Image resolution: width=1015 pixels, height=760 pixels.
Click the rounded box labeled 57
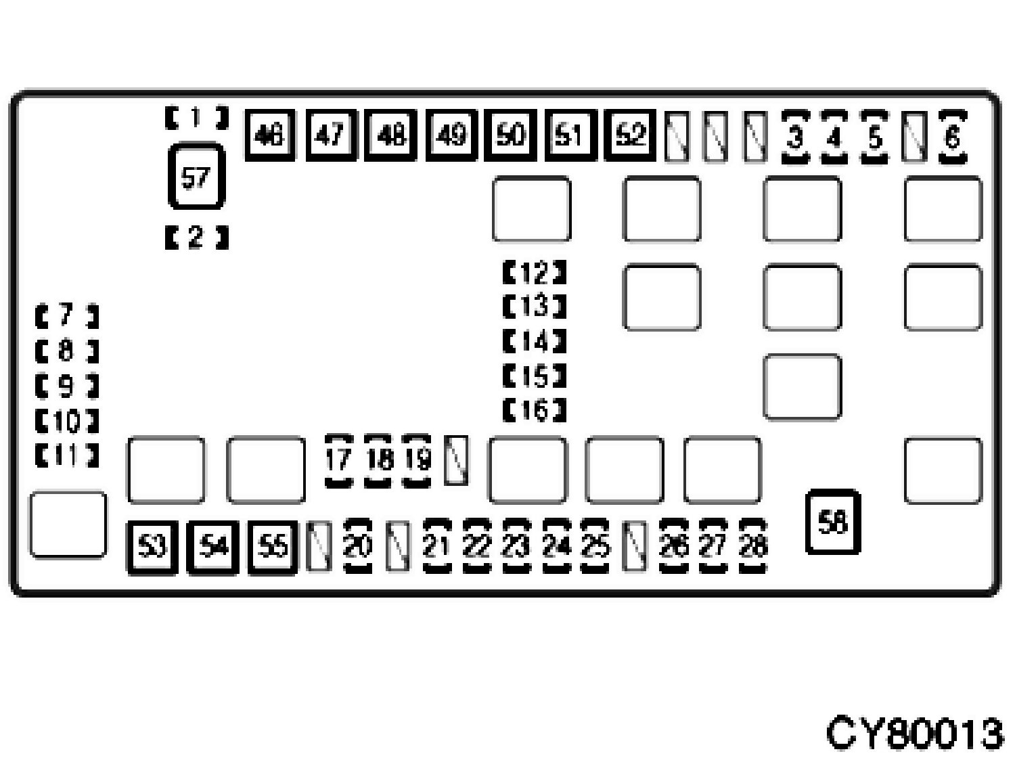tap(196, 177)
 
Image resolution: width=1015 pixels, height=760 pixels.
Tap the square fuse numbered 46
tap(269, 136)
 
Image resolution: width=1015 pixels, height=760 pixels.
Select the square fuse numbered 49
tap(451, 136)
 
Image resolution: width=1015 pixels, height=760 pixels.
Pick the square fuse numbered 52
tap(630, 136)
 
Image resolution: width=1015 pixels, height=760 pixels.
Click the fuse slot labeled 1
tap(196, 118)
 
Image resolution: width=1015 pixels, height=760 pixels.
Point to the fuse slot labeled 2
tap(196, 238)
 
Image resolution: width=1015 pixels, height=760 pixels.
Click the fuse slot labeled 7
tap(66, 315)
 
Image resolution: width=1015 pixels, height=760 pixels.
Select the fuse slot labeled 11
tap(66, 456)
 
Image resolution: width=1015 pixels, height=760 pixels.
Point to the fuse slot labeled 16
tap(535, 410)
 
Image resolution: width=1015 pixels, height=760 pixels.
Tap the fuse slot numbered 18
tap(379, 460)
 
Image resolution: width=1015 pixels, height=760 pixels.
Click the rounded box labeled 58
tap(833, 522)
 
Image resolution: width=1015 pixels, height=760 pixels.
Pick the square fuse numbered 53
tap(152, 547)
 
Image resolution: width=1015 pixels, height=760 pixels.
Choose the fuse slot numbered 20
tap(358, 545)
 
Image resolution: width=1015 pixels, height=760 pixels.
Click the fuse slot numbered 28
tap(752, 545)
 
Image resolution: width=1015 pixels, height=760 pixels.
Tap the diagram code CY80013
tap(915, 732)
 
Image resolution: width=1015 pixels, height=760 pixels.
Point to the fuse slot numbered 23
tap(517, 545)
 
